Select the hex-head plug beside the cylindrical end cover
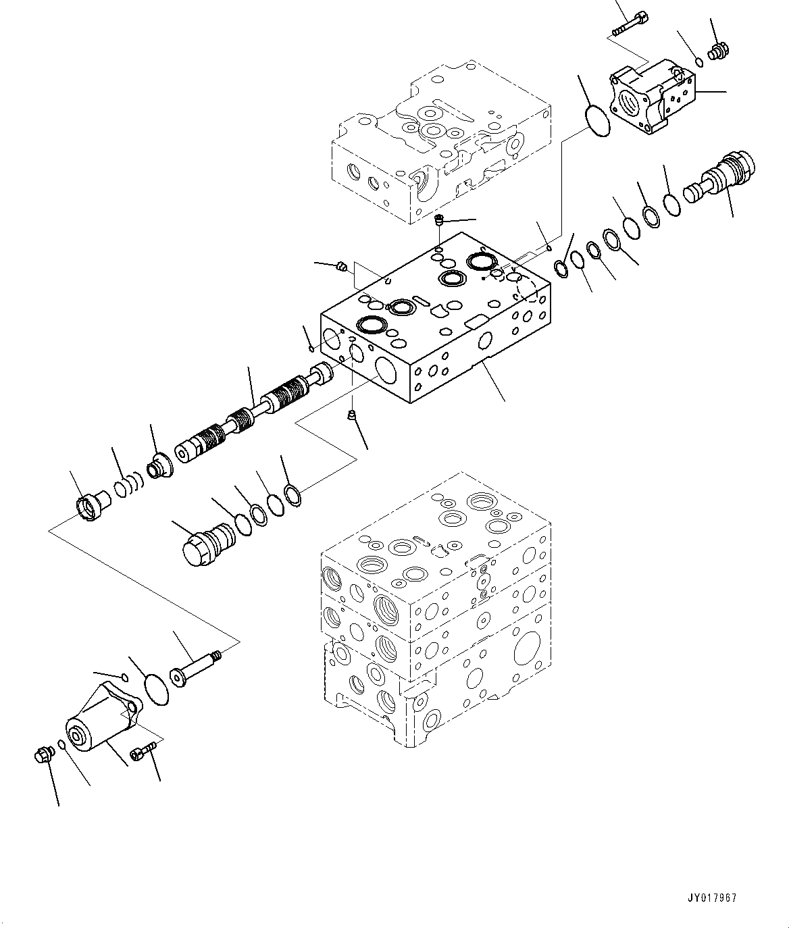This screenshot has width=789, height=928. (x=43, y=754)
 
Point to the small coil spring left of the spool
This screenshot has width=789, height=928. (x=129, y=485)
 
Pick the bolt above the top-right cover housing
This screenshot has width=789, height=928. (x=628, y=26)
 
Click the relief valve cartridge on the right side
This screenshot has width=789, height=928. (x=719, y=179)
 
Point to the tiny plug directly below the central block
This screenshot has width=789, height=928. (x=351, y=415)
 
